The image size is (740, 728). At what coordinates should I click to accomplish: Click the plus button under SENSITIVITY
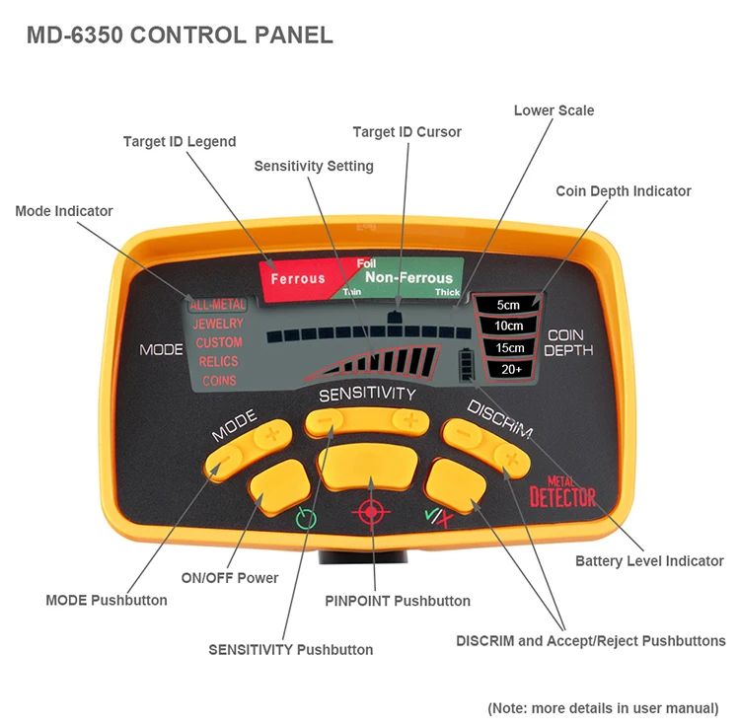click(x=407, y=422)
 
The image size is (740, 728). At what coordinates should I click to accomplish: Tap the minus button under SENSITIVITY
click(x=326, y=422)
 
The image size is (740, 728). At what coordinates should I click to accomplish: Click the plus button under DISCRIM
click(x=510, y=456)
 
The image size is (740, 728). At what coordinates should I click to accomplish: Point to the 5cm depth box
click(x=508, y=305)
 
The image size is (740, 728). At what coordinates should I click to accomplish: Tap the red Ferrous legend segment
click(x=297, y=278)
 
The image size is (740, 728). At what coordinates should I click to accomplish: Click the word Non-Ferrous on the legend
click(x=407, y=278)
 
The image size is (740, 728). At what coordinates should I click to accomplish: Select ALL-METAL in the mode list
click(x=217, y=305)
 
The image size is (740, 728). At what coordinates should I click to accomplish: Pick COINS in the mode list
click(x=219, y=380)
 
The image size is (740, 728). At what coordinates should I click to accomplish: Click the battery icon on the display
click(x=465, y=366)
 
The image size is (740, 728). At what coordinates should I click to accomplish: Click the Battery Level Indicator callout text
click(x=649, y=560)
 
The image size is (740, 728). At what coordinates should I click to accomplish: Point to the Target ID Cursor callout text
click(x=407, y=131)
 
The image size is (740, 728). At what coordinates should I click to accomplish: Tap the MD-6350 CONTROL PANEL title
click(x=180, y=36)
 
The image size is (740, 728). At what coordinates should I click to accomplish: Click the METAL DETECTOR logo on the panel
click(x=562, y=491)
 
